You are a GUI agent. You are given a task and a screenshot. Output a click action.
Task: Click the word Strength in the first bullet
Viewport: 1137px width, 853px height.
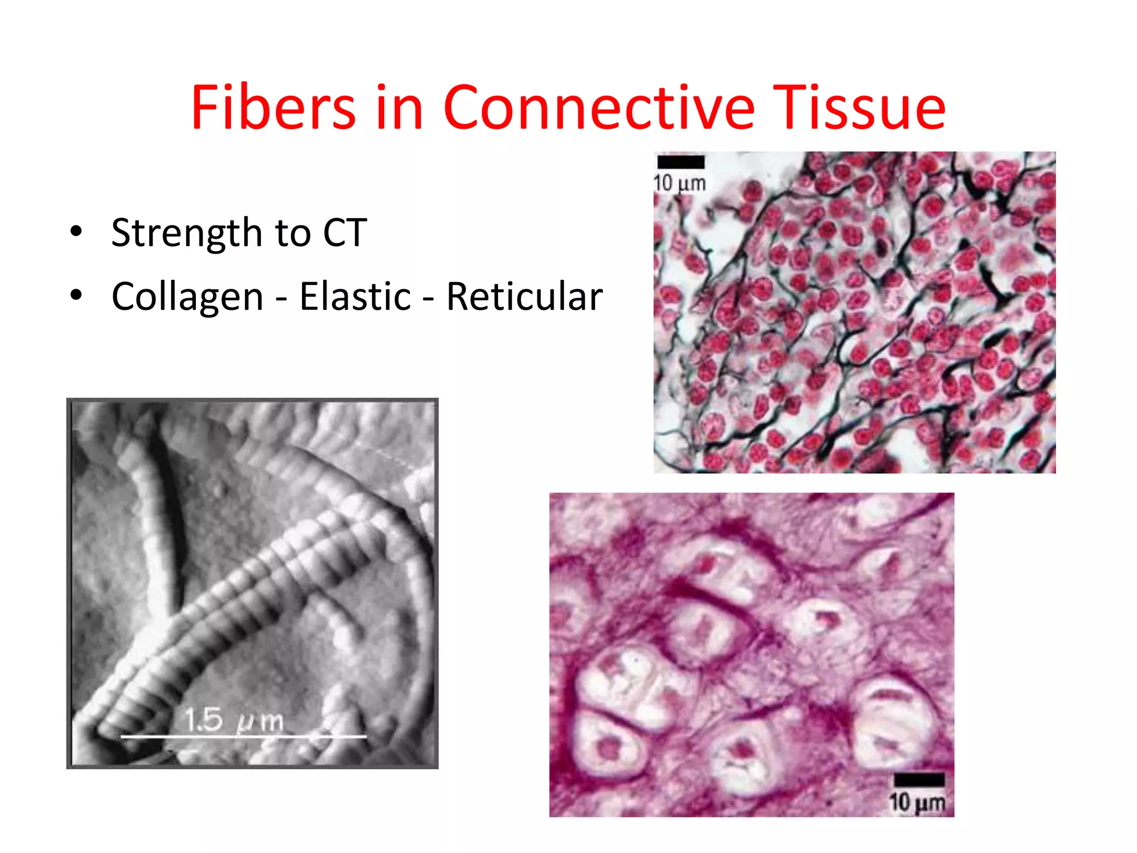[187, 233]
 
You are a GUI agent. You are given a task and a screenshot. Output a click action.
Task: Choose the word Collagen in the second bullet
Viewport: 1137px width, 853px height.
[187, 297]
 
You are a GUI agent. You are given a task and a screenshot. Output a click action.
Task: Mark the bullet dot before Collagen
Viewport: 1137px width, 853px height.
[76, 295]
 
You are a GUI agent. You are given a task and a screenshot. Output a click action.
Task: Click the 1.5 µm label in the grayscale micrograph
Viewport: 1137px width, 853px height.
[234, 720]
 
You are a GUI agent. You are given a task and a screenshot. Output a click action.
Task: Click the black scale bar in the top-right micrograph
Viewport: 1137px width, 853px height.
[681, 162]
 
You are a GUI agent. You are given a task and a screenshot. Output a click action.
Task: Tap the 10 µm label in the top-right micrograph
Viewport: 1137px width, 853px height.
[680, 183]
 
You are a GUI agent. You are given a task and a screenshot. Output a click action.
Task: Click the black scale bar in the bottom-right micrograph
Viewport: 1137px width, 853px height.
[919, 779]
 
